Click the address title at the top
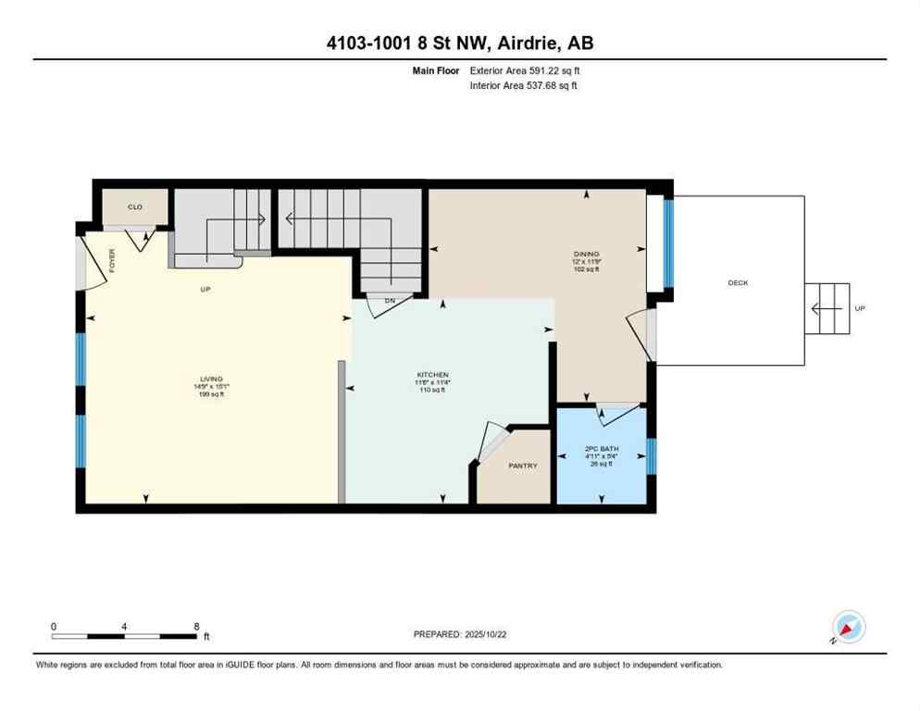coord(460,44)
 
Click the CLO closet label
coord(135,206)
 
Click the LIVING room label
coord(211,379)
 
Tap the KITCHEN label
coord(431,375)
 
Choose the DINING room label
coord(586,254)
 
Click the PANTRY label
coord(523,466)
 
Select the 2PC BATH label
coord(602,449)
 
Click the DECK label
coord(738,282)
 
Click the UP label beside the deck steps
coord(860,308)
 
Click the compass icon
coord(849,627)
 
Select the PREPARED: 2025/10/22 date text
coord(460,634)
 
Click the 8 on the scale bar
coord(196,626)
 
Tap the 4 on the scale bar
coord(124,626)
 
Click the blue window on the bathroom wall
coord(651,455)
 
